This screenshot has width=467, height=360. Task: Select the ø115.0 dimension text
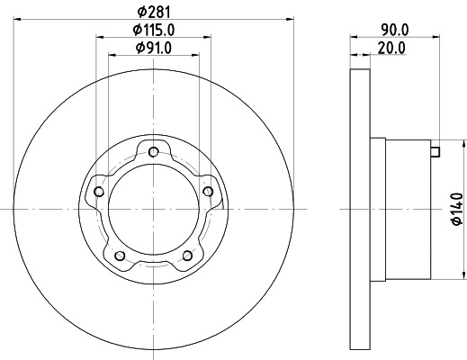[154, 31]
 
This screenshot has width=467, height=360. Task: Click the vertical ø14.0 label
[456, 209]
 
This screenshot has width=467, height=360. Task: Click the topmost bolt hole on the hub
[154, 150]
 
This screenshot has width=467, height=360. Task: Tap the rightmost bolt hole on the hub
[210, 191]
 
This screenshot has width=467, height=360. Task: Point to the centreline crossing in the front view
[154, 209]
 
